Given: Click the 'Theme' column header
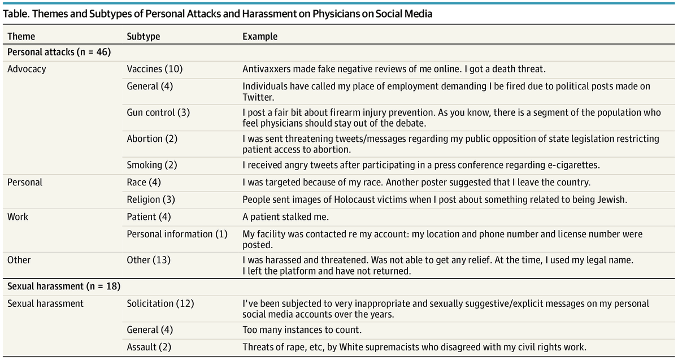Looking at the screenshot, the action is tap(21, 37).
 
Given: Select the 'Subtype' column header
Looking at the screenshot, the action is tap(143, 37).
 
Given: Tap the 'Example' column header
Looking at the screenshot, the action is tap(260, 37).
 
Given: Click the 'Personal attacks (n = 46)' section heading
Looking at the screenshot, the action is tap(59, 53).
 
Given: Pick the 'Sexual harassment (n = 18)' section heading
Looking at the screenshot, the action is tap(63, 287).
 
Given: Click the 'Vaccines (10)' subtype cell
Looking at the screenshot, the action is tap(155, 69).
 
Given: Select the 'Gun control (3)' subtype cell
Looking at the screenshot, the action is tap(158, 112).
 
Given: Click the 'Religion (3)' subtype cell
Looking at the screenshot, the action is tap(150, 199).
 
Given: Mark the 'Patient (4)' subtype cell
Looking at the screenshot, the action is tap(149, 216).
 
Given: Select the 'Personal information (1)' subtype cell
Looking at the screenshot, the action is tap(177, 233).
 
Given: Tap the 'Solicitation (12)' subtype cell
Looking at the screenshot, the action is tap(160, 303).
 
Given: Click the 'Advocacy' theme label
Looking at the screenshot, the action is tap(27, 69).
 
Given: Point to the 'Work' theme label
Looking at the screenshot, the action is tap(18, 216).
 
